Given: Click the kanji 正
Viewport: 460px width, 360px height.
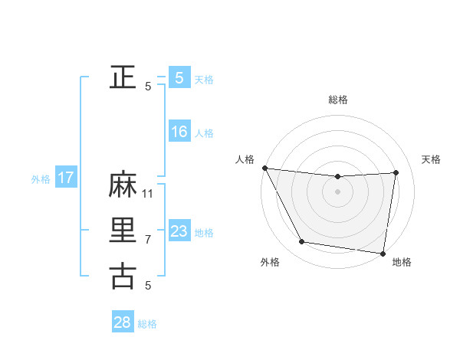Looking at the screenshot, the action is click(123, 77).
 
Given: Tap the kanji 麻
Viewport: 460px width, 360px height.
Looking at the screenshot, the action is click(123, 185).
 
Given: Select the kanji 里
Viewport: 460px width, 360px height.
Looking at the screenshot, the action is click(123, 231).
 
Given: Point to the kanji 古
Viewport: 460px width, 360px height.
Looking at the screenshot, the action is click(123, 276).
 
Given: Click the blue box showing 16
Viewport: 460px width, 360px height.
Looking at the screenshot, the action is click(179, 132).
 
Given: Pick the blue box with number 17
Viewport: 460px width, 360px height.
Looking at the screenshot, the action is click(66, 178).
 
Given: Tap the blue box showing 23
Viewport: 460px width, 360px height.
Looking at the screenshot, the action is click(179, 231).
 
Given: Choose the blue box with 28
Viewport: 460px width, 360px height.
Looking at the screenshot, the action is click(123, 322).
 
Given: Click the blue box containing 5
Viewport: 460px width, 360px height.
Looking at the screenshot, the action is click(179, 77).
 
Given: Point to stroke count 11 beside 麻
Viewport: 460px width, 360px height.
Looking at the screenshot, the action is click(149, 194).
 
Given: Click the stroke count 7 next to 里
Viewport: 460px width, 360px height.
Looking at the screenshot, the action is click(149, 240).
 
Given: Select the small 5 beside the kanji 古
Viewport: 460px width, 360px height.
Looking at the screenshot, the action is click(149, 286).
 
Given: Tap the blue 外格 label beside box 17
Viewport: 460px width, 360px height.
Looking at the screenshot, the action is click(41, 179).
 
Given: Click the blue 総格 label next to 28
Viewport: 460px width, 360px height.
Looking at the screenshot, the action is click(147, 324).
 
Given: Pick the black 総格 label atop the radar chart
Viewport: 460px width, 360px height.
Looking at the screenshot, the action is click(338, 100).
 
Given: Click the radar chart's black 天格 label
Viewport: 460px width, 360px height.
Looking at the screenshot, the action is click(431, 159).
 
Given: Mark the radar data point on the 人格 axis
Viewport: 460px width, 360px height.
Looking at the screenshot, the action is click(264, 168).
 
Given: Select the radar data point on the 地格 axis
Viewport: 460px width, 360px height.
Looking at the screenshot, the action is click(383, 253).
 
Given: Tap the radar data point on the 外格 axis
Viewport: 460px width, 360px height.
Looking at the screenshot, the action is click(302, 242).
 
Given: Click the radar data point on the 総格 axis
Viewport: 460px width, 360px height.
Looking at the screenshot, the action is click(337, 177).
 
